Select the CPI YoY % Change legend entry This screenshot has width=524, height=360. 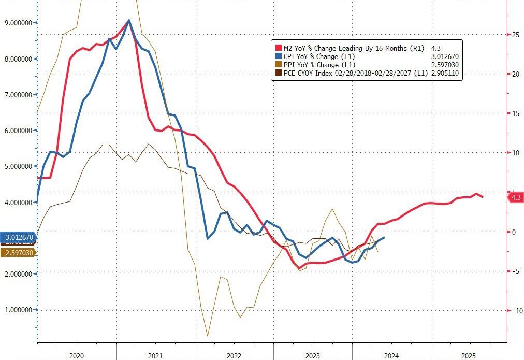coord(317,56)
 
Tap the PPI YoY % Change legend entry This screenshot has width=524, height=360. coord(317,65)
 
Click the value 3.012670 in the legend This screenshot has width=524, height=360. coord(445,56)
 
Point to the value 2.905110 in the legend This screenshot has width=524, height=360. coord(445,74)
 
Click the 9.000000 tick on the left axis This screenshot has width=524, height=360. coord(17,23)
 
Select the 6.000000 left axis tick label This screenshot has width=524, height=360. coord(17,131)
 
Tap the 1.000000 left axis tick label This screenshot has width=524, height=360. coord(17,310)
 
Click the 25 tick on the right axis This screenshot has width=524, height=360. coord(516,35)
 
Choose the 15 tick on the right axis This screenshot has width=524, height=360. coord(516,113)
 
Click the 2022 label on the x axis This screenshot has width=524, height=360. coord(234,356)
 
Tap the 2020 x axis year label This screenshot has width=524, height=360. coord(77,356)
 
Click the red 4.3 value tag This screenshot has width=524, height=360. coord(516,198)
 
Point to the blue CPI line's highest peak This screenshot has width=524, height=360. coord(128,20)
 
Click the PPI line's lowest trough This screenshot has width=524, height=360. coord(208,336)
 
